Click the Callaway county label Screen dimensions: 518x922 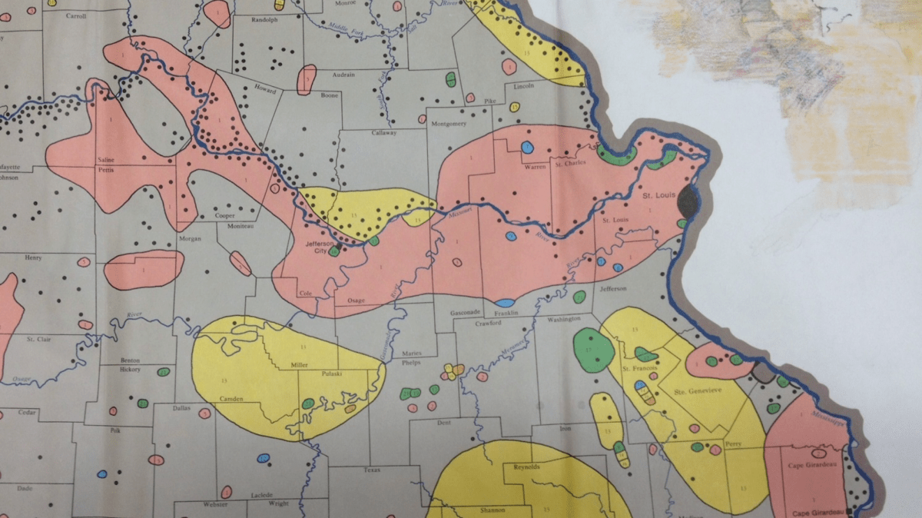click(x=383, y=133)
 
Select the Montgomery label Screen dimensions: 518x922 click(x=449, y=125)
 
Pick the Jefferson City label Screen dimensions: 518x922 click(x=321, y=247)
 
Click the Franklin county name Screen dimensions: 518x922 click(x=507, y=313)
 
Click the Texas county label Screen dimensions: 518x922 click(x=372, y=470)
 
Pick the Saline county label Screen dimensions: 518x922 click(x=105, y=159)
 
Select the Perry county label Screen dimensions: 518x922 click(x=731, y=444)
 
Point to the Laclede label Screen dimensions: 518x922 click(x=261, y=495)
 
